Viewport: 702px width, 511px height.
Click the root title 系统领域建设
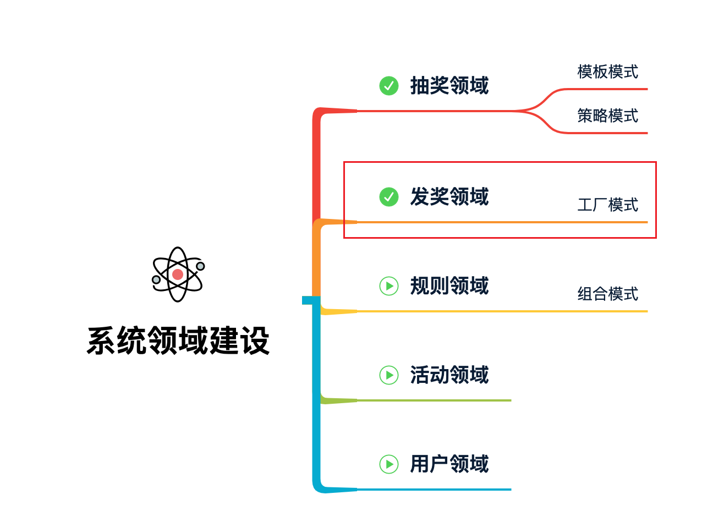click(x=178, y=341)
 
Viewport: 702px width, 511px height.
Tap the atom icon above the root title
click(x=178, y=274)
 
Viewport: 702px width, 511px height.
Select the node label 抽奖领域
click(x=449, y=86)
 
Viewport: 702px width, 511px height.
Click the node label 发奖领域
click(x=449, y=197)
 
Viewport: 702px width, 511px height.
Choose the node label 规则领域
click(x=449, y=286)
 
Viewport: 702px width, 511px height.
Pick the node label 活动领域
click(x=449, y=375)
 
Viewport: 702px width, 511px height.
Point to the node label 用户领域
click(x=449, y=464)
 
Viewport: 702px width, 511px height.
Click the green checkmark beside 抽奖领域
click(x=389, y=86)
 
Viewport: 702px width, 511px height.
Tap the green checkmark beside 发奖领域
click(x=389, y=197)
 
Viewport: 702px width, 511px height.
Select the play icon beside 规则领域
click(x=389, y=286)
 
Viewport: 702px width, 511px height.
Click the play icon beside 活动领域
click(x=389, y=375)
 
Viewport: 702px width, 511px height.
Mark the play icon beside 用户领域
click(x=389, y=464)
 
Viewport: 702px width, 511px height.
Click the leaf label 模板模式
click(x=607, y=72)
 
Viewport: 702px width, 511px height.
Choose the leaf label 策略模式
click(x=607, y=116)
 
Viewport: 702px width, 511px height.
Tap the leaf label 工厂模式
click(x=607, y=205)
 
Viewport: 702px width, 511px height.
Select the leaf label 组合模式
click(x=607, y=294)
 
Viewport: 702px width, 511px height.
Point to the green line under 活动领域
click(x=435, y=400)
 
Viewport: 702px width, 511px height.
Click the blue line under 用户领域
click(x=435, y=490)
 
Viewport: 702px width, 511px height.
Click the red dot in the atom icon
click(x=178, y=274)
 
